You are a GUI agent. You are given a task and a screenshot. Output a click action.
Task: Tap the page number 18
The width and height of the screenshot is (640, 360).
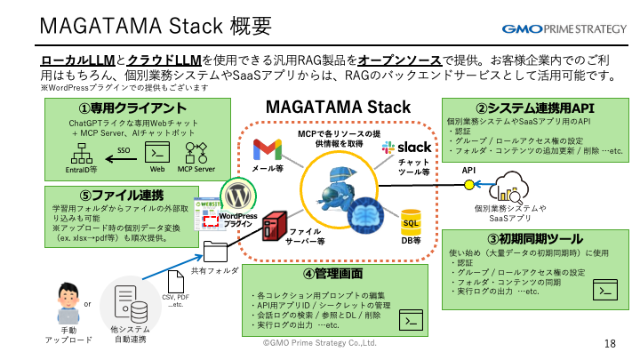pyautogui.click(x=610, y=344)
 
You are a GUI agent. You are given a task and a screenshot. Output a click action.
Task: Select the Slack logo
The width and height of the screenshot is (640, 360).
pyautogui.click(x=405, y=147)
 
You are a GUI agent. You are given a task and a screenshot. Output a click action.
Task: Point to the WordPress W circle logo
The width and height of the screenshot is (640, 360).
pyautogui.click(x=237, y=194)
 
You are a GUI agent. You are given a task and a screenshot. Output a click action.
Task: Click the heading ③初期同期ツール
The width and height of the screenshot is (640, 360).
pyautogui.click(x=534, y=239)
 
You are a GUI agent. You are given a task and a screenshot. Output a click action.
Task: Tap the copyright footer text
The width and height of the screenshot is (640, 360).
pyautogui.click(x=320, y=342)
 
